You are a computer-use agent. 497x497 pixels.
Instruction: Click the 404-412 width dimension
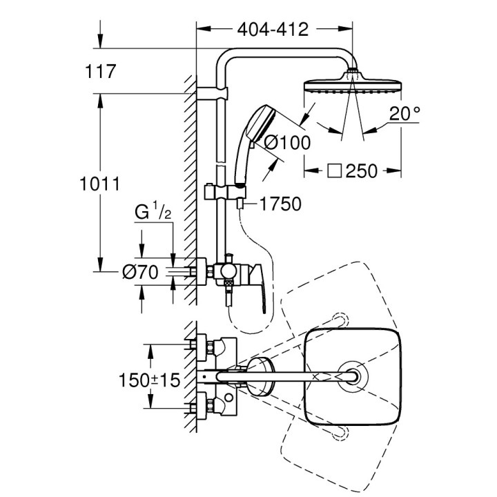pyautogui.click(x=273, y=29)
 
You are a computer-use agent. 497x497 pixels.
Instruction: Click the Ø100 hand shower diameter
pyautogui.click(x=287, y=142)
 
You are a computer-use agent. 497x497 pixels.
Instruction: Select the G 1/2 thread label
pyautogui.click(x=150, y=212)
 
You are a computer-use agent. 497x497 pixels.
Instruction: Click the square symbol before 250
pyautogui.click(x=333, y=170)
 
